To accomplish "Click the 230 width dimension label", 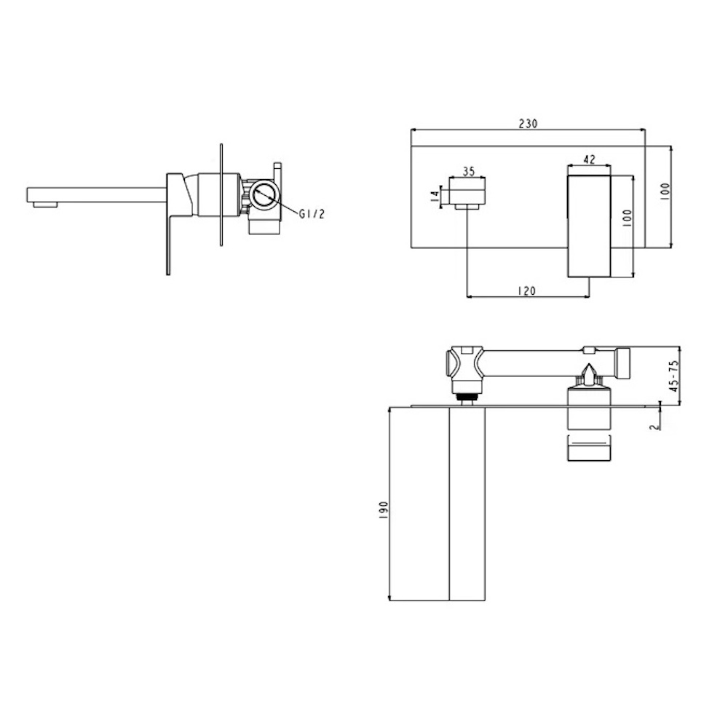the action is click(x=528, y=124).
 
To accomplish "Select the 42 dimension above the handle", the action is click(x=589, y=159).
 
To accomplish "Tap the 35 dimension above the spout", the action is click(x=469, y=171).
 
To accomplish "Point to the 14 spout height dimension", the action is click(x=435, y=195).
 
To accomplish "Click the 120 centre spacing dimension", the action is click(x=526, y=290).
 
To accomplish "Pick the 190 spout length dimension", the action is click(x=384, y=510).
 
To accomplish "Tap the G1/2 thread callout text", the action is click(x=312, y=214).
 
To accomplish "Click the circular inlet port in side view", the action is click(x=264, y=194).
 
